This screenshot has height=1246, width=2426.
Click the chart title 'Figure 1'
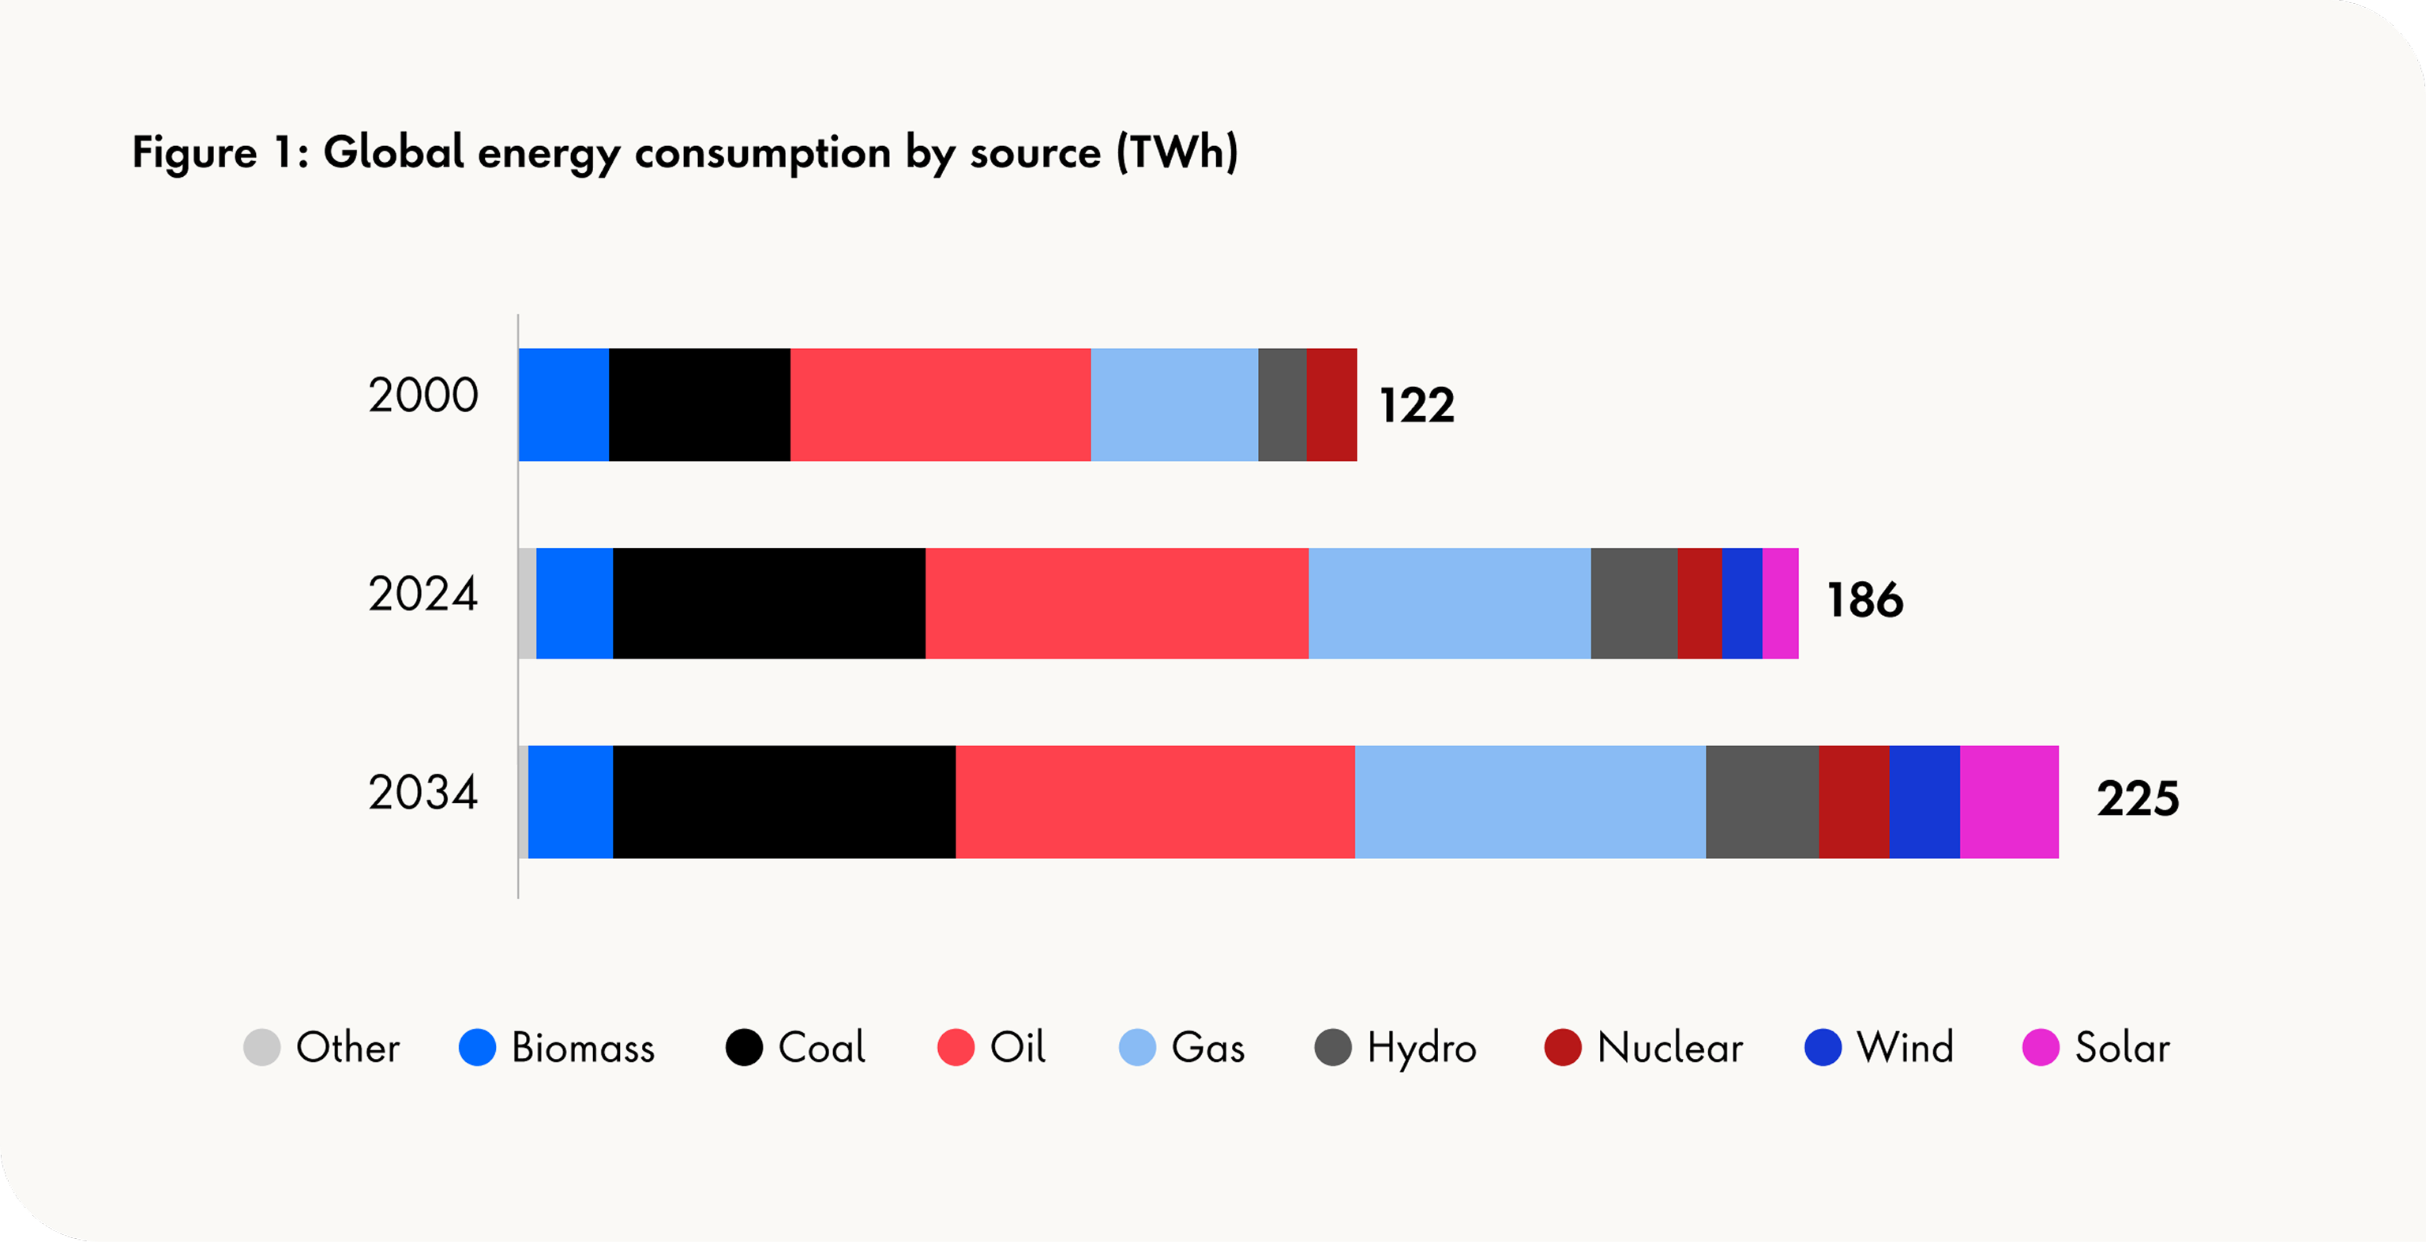tap(685, 152)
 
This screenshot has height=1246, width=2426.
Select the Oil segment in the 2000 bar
tap(940, 405)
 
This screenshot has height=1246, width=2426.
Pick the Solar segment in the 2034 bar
tap(2009, 801)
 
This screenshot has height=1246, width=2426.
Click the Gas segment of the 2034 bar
tap(1530, 801)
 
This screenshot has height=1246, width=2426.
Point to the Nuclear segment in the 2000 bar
tap(1331, 405)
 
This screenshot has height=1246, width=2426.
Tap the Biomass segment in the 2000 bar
tap(563, 405)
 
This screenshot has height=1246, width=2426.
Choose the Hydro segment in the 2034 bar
tap(1761, 801)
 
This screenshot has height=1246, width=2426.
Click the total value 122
tap(1417, 406)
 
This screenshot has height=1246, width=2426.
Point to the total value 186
tap(1865, 601)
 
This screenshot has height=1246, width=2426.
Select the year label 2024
tap(422, 595)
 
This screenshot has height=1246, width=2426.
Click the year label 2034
tap(422, 793)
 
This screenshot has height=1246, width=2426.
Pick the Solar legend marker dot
tap(2041, 1047)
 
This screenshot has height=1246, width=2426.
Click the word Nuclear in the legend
tap(1669, 1047)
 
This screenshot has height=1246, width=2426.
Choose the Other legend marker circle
tap(262, 1047)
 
